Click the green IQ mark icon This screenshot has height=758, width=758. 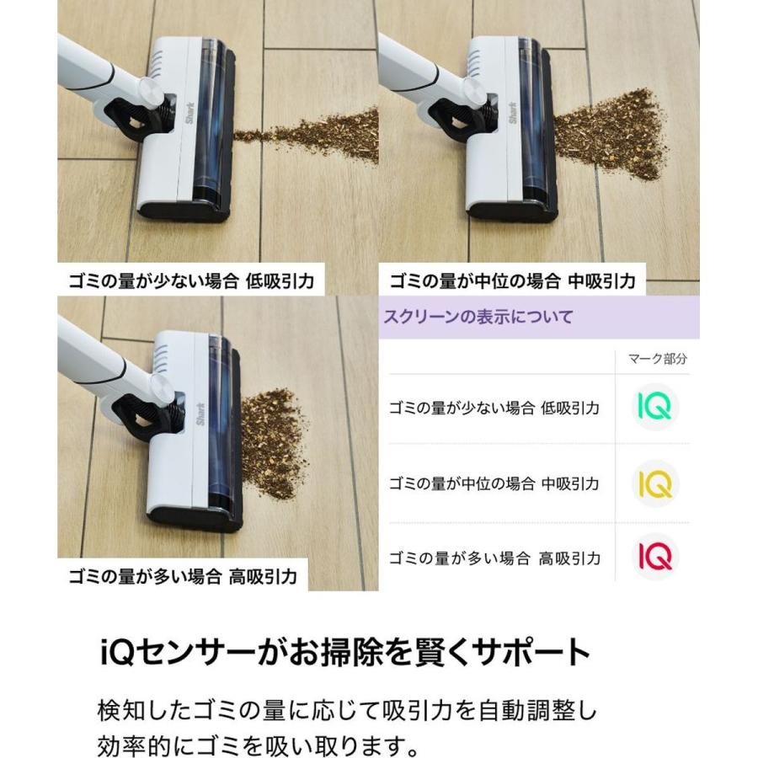654,408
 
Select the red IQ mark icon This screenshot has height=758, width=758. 654,557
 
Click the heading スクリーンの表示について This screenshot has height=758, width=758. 478,318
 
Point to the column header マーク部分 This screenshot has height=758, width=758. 658,359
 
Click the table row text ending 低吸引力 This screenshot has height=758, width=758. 494,408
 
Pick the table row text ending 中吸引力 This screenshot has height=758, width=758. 494,483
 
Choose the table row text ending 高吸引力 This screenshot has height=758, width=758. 494,558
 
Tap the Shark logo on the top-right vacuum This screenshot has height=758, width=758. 512,115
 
